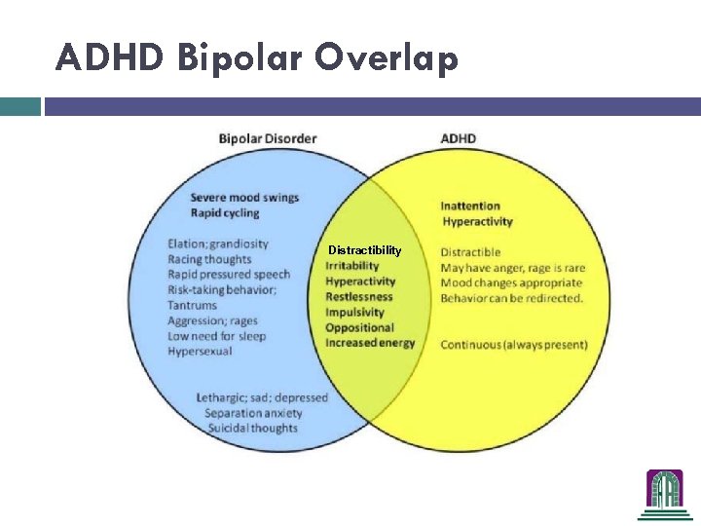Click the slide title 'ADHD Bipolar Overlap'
[256, 59]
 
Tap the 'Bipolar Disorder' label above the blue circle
[268, 138]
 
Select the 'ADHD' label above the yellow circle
[459, 138]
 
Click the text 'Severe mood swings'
[244, 198]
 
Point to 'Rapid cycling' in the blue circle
[225, 213]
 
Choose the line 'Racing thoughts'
[209, 259]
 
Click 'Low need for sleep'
[216, 336]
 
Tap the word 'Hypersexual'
[200, 351]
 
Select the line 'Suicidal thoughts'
[253, 428]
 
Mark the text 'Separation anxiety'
[253, 413]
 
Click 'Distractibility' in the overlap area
[365, 250]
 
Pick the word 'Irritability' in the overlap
[352, 266]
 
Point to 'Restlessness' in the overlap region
[359, 297]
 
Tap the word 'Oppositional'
[359, 327]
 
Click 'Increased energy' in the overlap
[370, 343]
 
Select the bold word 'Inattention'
[470, 206]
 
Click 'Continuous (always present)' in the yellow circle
[514, 344]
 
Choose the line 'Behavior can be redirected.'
[511, 297]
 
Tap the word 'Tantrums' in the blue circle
[194, 305]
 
